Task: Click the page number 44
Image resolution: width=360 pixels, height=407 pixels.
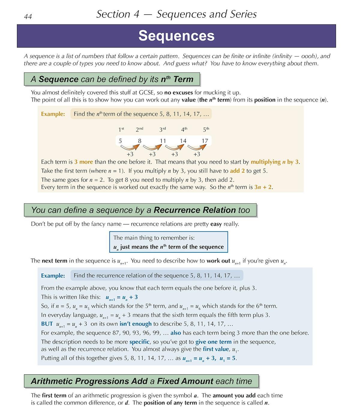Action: click(x=28, y=16)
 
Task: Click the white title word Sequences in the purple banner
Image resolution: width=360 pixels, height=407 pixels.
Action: click(x=176, y=36)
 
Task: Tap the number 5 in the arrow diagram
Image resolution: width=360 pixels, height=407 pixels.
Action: click(x=120, y=141)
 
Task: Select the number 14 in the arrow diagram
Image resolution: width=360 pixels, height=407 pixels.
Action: click(x=183, y=141)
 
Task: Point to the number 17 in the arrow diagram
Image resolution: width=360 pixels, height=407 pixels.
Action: click(x=205, y=141)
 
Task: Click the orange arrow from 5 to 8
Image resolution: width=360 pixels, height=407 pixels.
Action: click(x=130, y=147)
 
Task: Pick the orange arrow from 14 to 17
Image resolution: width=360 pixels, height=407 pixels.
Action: click(x=197, y=147)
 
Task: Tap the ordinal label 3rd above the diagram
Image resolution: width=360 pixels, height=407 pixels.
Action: click(x=163, y=129)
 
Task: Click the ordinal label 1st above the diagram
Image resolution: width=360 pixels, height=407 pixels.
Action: click(x=121, y=129)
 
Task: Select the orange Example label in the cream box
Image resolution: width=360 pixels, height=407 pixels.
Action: click(x=53, y=114)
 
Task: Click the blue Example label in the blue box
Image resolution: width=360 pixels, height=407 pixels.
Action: click(x=53, y=276)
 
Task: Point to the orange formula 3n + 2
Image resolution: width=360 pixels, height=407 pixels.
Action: click(x=263, y=187)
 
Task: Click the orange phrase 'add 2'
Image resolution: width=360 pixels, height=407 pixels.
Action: click(x=237, y=171)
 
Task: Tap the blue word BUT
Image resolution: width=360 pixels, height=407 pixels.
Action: click(x=47, y=324)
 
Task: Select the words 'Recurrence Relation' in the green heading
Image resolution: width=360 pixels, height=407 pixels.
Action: click(x=195, y=210)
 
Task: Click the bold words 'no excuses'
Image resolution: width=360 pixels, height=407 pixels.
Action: click(x=178, y=92)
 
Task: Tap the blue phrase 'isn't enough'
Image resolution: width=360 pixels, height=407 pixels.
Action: click(x=136, y=324)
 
